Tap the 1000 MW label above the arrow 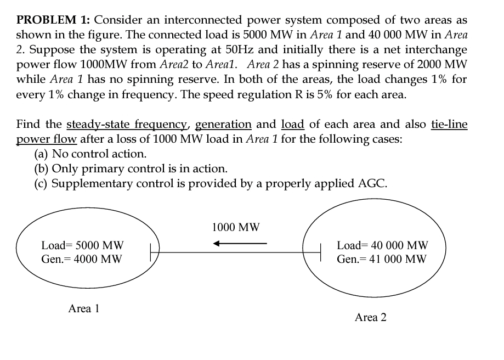pos(236,227)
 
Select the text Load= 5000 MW pos(83,245)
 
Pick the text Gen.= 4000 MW pos(82,258)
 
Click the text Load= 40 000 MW pos(382,245)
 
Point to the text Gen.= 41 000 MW pos(382,259)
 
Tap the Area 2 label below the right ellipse pos(370,317)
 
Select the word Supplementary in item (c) pos(88,183)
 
